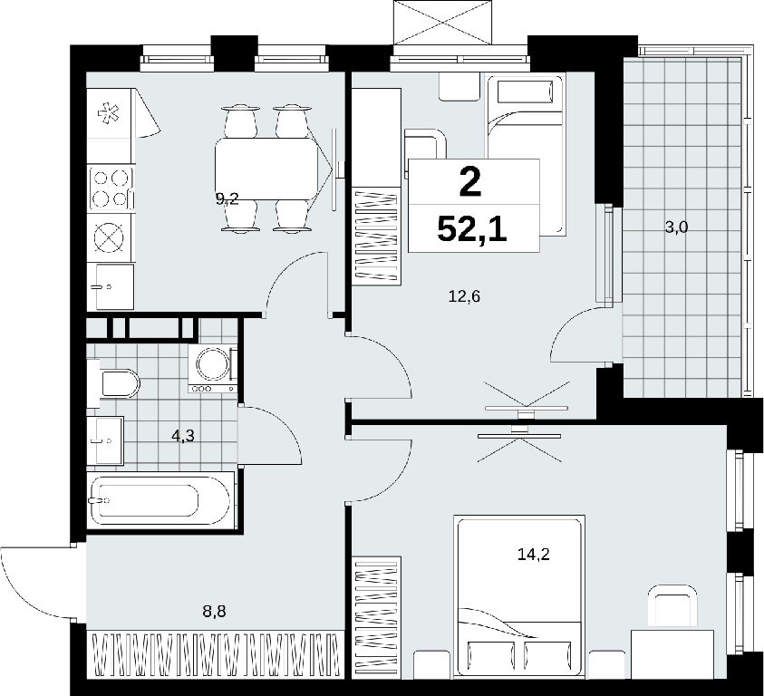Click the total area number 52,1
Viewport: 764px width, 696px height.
click(472, 229)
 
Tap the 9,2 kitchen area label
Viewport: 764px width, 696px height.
click(227, 198)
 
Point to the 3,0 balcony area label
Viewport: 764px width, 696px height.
click(676, 227)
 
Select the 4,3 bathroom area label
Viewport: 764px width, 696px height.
click(183, 435)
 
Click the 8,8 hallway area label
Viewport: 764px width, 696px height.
click(215, 611)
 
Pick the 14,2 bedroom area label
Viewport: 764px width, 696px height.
click(534, 554)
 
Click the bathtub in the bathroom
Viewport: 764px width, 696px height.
click(160, 499)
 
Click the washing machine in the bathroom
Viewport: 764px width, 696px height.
click(212, 369)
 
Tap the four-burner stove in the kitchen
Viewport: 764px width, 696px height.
click(111, 188)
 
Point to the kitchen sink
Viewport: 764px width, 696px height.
click(114, 286)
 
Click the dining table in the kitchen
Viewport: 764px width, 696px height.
click(267, 169)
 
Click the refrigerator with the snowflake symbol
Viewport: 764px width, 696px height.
click(109, 113)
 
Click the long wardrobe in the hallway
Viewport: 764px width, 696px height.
click(216, 654)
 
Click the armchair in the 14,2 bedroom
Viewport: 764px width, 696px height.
click(672, 606)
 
